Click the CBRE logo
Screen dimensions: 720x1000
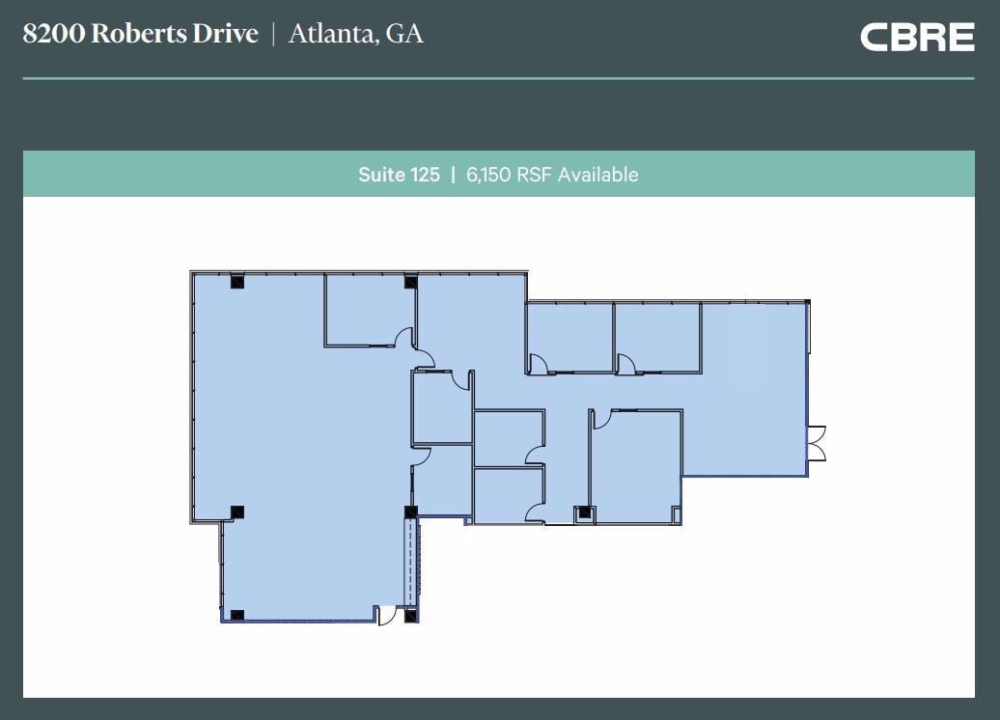(x=916, y=37)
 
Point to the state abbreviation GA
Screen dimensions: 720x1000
(x=404, y=35)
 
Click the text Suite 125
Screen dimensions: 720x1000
(x=399, y=175)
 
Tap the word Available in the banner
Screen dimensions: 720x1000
(x=597, y=175)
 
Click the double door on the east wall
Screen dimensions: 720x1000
(x=818, y=442)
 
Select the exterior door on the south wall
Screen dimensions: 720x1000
(x=387, y=615)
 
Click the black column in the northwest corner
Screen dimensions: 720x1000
(x=236, y=282)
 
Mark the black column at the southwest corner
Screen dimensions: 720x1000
(x=236, y=614)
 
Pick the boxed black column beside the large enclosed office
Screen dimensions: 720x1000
(x=583, y=513)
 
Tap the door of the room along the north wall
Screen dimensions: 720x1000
(x=404, y=338)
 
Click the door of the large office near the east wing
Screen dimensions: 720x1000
(x=600, y=418)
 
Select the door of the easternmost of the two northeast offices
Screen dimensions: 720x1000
(x=625, y=364)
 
